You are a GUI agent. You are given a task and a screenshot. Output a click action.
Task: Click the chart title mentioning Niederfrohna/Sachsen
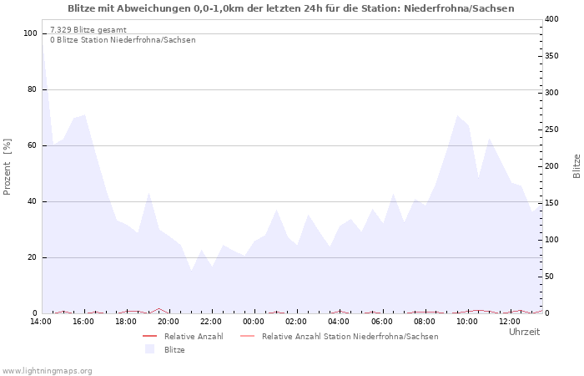coord(291,8)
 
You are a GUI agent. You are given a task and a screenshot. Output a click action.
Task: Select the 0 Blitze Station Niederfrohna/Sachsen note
coord(123,40)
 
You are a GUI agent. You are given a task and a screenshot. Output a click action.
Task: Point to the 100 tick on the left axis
coord(31,33)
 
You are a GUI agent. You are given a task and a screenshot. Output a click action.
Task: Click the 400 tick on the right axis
coord(551,19)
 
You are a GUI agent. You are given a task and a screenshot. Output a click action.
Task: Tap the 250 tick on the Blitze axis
coord(551,130)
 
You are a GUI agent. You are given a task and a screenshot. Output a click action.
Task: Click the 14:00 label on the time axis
coord(41,322)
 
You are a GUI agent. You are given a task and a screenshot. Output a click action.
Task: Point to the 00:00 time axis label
coord(254,322)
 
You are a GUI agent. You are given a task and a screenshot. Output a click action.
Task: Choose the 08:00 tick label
coord(424,322)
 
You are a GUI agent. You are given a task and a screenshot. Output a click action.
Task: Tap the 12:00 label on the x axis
coord(509,322)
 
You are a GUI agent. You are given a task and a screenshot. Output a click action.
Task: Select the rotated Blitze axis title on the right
coord(576,165)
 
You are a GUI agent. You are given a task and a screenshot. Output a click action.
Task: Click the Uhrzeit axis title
coord(524,332)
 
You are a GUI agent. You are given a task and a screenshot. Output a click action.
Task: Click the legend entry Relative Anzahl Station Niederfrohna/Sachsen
coord(350,337)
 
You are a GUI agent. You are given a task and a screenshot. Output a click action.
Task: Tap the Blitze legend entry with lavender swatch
coord(174,350)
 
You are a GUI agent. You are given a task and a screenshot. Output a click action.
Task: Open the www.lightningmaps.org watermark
coord(48,370)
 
